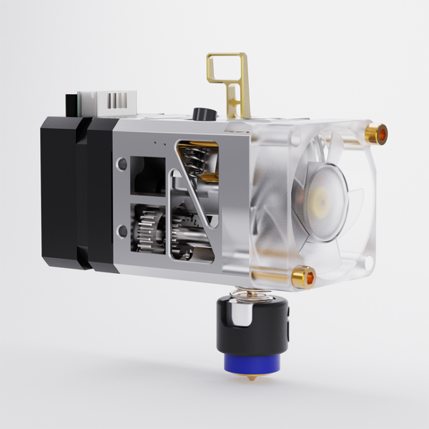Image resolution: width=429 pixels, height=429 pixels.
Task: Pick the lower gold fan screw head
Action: tap(304, 275)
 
